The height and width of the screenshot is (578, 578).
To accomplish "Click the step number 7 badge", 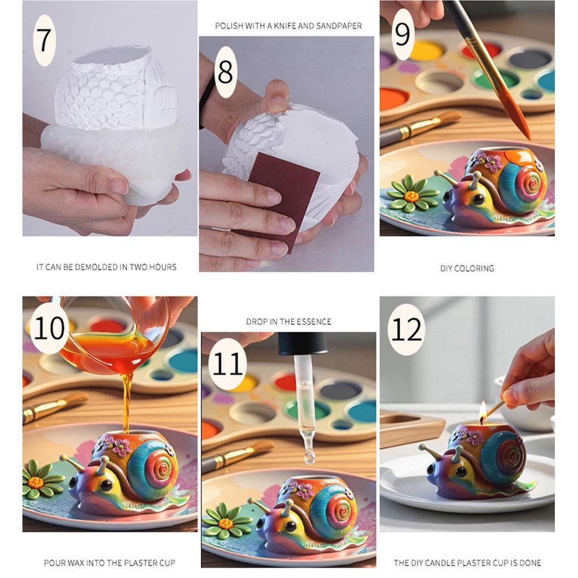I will coord(45,40).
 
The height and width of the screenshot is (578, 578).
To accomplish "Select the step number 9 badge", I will coord(402,34).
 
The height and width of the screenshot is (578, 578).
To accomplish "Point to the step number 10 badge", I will coord(49,329).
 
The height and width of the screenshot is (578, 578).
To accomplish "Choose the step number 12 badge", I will coord(406,330).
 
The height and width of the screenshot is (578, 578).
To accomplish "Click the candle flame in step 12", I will coord(483,413).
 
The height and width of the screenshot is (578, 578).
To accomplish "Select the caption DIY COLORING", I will coord(467,269).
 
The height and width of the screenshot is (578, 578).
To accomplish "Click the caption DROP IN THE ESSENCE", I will coord(288,322).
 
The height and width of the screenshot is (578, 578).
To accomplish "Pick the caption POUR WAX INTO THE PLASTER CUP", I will coord(110,563).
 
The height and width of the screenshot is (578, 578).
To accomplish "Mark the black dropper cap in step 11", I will coord(303,343).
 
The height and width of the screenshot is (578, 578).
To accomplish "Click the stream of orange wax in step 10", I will coord(126,401).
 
